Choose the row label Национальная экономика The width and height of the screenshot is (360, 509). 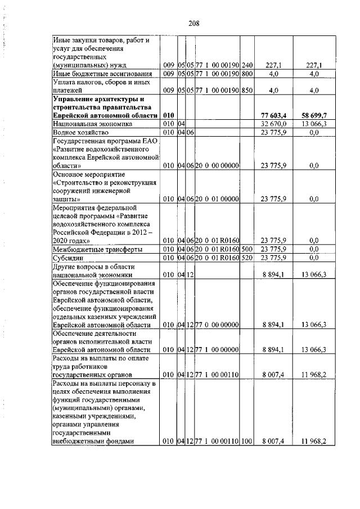click(x=84, y=123)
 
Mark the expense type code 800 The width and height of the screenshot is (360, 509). click(x=247, y=74)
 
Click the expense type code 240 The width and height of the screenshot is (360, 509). click(x=247, y=65)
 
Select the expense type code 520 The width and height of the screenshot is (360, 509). click(x=247, y=258)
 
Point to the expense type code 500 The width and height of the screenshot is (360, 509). click(x=247, y=249)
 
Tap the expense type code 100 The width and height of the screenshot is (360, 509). click(x=247, y=442)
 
